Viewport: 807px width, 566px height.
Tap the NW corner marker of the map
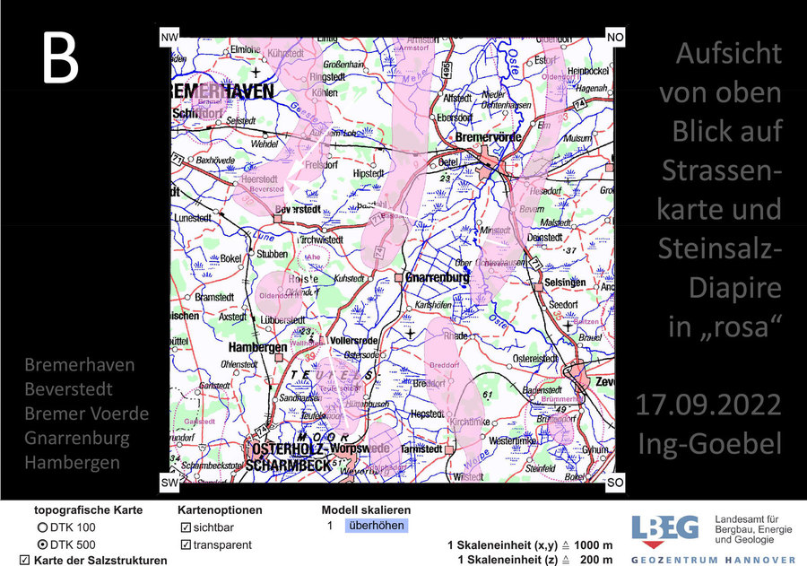169,37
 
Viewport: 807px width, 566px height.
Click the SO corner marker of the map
615,483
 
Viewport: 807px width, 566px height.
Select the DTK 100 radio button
42,527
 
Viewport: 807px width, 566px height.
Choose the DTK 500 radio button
42,544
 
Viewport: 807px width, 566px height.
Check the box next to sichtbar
186,527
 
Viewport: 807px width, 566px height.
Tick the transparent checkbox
186,544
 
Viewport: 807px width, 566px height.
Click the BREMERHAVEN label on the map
221,92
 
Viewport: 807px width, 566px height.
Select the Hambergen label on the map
256,347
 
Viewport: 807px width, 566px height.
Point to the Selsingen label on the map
567,283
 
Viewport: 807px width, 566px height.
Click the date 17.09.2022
708,405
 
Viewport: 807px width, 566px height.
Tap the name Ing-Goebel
709,442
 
